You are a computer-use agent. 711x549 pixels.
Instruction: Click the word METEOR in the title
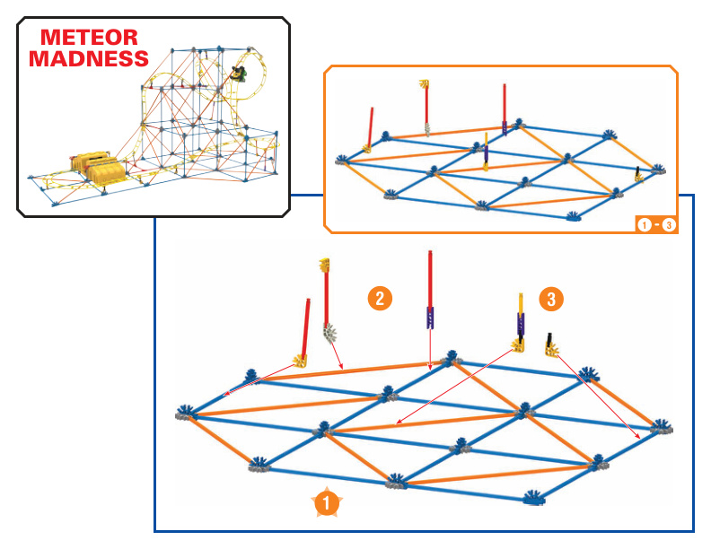pyautogui.click(x=89, y=37)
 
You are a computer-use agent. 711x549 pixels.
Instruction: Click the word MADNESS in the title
pyautogui.click(x=89, y=58)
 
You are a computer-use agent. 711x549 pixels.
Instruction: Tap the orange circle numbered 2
pyautogui.click(x=380, y=298)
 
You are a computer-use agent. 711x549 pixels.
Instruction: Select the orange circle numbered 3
pyautogui.click(x=551, y=299)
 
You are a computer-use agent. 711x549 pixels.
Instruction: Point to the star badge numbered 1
pyautogui.click(x=327, y=502)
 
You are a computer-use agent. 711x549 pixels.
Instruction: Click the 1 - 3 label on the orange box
pyautogui.click(x=656, y=224)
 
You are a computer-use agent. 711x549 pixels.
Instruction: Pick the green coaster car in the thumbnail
pyautogui.click(x=239, y=73)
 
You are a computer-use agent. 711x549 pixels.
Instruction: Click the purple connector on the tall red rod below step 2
pyautogui.click(x=430, y=318)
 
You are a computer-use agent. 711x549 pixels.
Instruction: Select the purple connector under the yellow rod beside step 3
pyautogui.click(x=521, y=325)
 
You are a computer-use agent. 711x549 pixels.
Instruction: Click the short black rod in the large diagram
pyautogui.click(x=549, y=339)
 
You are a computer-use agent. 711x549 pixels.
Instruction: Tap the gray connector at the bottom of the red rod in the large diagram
pyautogui.click(x=330, y=334)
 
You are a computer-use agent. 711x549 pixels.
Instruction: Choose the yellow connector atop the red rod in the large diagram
pyautogui.click(x=324, y=265)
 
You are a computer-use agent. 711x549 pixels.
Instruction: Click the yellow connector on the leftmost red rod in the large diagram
pyautogui.click(x=300, y=361)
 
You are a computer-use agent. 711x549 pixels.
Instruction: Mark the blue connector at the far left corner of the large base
pyautogui.click(x=187, y=413)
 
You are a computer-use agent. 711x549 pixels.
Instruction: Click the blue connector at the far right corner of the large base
pyautogui.click(x=661, y=427)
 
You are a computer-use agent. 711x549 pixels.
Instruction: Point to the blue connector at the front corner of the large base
pyautogui.click(x=534, y=497)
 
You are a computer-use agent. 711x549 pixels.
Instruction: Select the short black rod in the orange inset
pyautogui.click(x=637, y=171)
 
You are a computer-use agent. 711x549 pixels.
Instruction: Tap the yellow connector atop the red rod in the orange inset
pyautogui.click(x=424, y=83)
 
